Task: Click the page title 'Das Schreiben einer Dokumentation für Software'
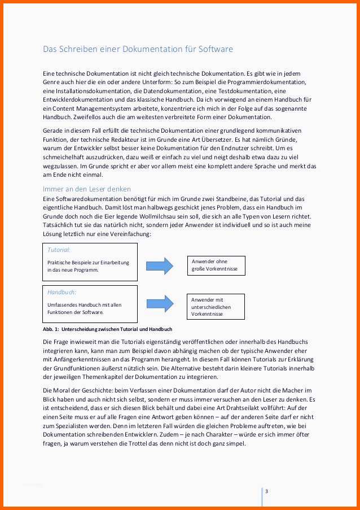[138, 49]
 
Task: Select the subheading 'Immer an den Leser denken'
[87, 189]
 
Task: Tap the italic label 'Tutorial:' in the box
[59, 249]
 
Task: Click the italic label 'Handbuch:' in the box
[62, 292]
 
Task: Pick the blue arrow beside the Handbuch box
[160, 306]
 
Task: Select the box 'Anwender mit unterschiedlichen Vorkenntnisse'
[217, 307]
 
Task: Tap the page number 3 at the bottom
[266, 491]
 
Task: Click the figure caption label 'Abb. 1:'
[52, 329]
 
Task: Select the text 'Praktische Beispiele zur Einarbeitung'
[89, 262]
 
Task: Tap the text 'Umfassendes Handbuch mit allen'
[85, 305]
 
